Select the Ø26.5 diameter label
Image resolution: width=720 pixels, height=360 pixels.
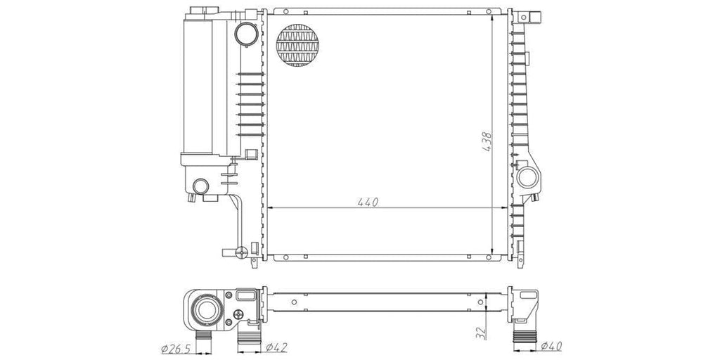point(176,349)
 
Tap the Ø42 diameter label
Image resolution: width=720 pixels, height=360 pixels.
point(276,347)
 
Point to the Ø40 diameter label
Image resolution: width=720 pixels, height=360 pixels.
point(551,346)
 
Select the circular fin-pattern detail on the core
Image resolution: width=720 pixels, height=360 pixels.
point(297,45)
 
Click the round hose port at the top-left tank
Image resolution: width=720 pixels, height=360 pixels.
point(247,33)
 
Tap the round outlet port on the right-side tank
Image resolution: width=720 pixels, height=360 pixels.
point(527,176)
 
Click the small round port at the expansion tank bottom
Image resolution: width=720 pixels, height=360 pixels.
point(200,186)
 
